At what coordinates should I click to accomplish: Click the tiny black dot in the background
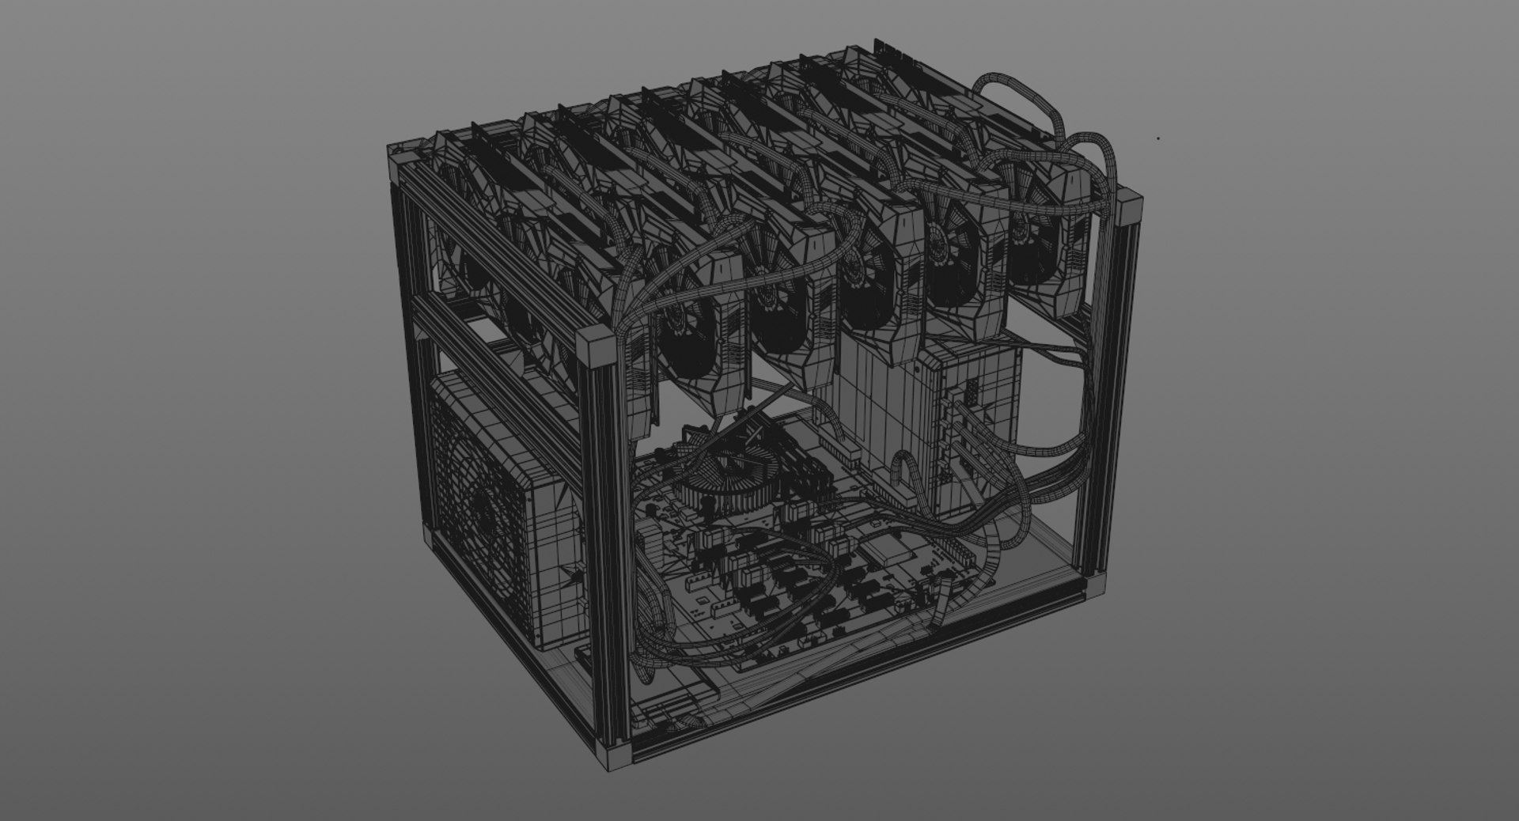coord(1159,138)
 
